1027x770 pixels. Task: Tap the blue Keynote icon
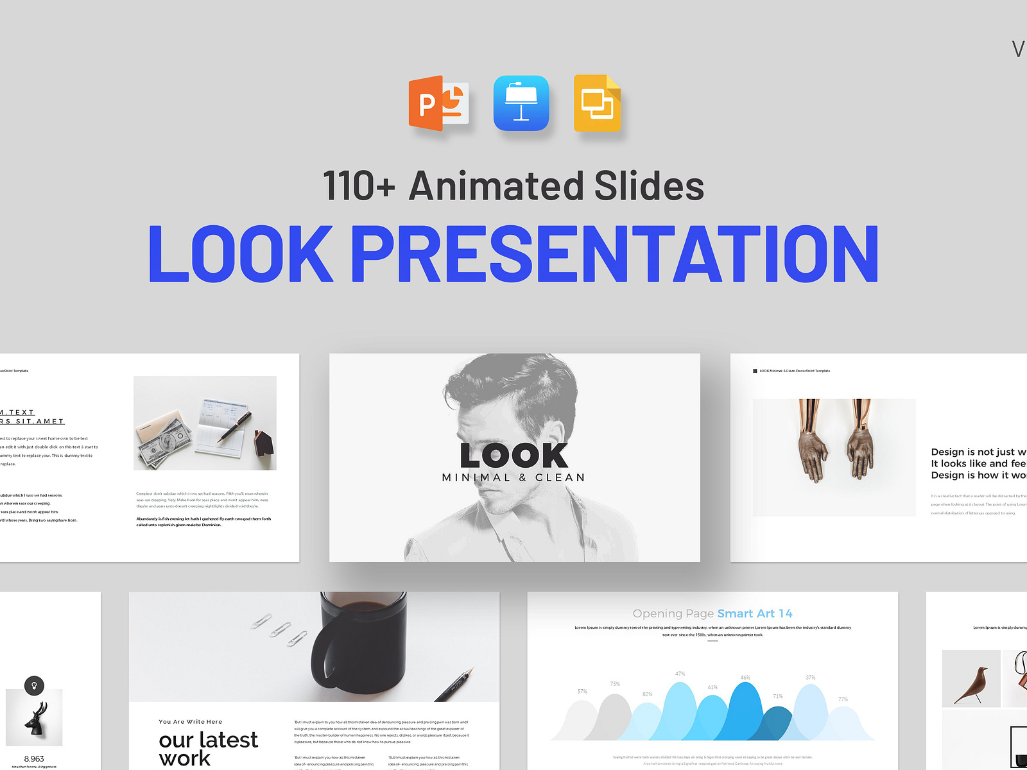click(x=521, y=103)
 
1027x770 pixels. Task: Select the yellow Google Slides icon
click(x=597, y=103)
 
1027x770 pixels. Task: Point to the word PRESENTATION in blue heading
click(x=614, y=254)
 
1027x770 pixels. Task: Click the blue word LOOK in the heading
click(x=241, y=254)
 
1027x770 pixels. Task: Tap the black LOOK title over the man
click(x=514, y=456)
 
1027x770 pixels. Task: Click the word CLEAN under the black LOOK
click(x=560, y=477)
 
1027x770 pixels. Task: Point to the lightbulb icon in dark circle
click(x=34, y=685)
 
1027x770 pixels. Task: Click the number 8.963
click(x=34, y=758)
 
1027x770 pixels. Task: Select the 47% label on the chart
click(x=680, y=674)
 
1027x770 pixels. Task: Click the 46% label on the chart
click(x=745, y=678)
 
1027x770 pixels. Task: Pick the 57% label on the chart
click(x=582, y=692)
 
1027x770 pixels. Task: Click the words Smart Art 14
click(x=754, y=613)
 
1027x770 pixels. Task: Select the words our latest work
click(x=207, y=748)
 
